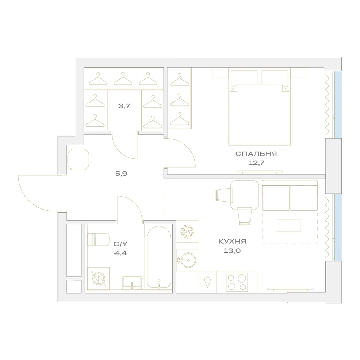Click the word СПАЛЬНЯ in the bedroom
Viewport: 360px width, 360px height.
[x=256, y=154]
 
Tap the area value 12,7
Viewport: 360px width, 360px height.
[x=256, y=163]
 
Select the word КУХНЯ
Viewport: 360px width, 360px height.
[x=232, y=242]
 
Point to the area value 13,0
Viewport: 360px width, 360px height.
[x=232, y=251]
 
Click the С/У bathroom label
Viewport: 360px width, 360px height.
[x=120, y=244]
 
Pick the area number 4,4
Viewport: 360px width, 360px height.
[x=120, y=253]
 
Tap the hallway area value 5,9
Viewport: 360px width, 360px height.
[x=121, y=174]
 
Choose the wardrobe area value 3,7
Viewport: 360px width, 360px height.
[x=124, y=106]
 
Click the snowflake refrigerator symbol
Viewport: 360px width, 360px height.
[x=187, y=231]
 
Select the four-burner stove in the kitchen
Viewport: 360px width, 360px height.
[x=237, y=282]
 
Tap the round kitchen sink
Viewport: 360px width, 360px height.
[x=187, y=260]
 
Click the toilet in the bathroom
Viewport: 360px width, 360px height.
[x=99, y=239]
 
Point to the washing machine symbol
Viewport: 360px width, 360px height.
[x=99, y=279]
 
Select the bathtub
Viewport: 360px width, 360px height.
[x=159, y=257]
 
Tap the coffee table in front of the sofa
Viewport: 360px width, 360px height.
[x=288, y=226]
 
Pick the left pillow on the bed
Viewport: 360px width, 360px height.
[x=244, y=78]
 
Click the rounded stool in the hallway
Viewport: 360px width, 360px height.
[x=78, y=159]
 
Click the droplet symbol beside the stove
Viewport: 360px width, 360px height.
[x=207, y=282]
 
